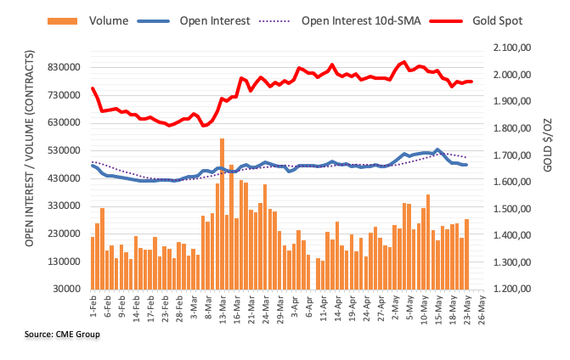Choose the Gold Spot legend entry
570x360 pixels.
coord(493,19)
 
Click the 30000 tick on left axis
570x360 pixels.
coord(66,290)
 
